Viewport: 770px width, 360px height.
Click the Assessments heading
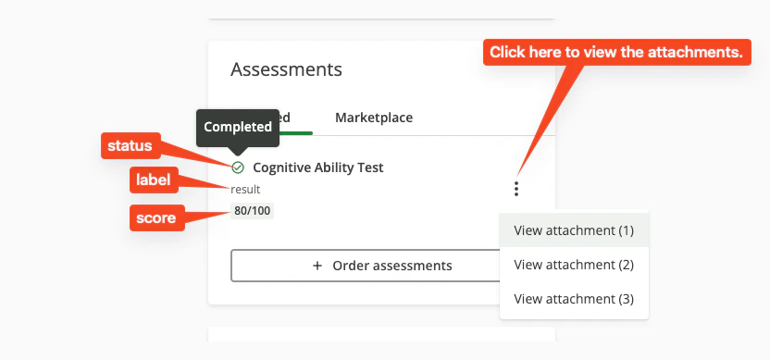pyautogui.click(x=286, y=69)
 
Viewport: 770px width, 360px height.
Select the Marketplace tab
pyautogui.click(x=374, y=118)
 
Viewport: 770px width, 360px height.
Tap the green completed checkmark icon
pyautogui.click(x=238, y=168)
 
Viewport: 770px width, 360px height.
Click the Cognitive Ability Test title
pyautogui.click(x=317, y=168)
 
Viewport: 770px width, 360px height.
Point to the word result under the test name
pyautogui.click(x=245, y=190)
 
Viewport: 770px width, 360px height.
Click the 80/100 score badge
pyautogui.click(x=253, y=211)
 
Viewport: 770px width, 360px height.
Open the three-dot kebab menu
pyautogui.click(x=516, y=189)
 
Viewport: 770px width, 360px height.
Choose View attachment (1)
pyautogui.click(x=574, y=230)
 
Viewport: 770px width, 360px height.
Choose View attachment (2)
pyautogui.click(x=574, y=265)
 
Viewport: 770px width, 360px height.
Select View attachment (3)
pyautogui.click(x=574, y=299)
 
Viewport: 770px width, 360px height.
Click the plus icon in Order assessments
pyautogui.click(x=317, y=266)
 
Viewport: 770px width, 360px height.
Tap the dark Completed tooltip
pyautogui.click(x=238, y=127)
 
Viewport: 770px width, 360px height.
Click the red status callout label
pyautogui.click(x=130, y=146)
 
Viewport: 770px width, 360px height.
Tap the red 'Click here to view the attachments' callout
pyautogui.click(x=616, y=53)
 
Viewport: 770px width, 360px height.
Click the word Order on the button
pyautogui.click(x=352, y=266)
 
